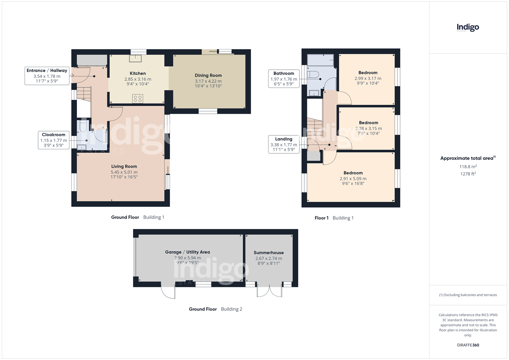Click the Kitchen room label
(138, 74)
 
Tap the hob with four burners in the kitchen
(138, 99)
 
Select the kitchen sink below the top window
(135, 58)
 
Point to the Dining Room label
(208, 75)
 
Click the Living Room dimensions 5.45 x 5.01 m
(124, 172)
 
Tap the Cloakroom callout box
(54, 140)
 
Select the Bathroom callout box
(284, 78)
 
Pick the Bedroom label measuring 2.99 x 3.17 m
(368, 73)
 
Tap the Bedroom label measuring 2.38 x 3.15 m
(368, 123)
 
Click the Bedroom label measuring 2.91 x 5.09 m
(353, 173)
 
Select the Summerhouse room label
(268, 253)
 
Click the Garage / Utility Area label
(187, 252)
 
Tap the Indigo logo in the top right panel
(468, 28)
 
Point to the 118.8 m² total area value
(468, 167)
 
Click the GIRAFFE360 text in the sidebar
(468, 345)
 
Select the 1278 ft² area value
(468, 174)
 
